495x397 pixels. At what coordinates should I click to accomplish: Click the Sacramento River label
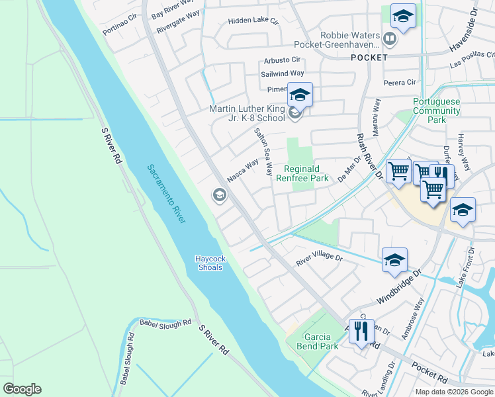click(166, 194)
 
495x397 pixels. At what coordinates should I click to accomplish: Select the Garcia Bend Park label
click(312, 341)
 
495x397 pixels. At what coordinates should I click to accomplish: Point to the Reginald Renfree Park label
click(306, 173)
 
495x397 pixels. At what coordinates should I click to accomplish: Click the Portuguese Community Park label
click(436, 110)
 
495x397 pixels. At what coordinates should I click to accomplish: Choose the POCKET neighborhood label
click(369, 58)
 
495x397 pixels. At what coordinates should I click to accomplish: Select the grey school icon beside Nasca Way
click(219, 195)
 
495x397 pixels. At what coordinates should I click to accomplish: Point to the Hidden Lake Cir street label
click(253, 21)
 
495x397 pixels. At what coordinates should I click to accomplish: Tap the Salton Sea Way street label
click(263, 152)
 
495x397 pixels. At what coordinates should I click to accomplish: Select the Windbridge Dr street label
click(398, 286)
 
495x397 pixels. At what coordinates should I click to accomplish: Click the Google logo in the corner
click(22, 389)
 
